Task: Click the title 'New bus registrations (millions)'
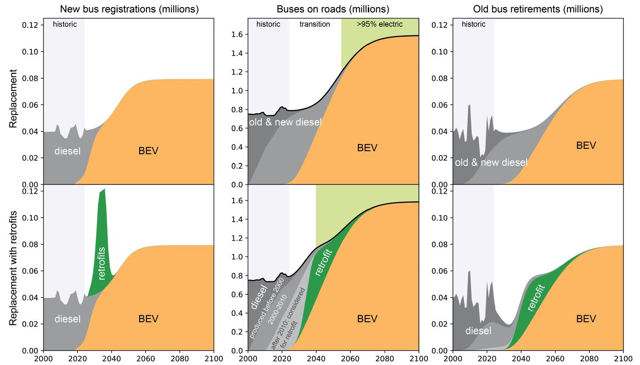pos(129,9)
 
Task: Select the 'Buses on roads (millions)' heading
pos(333,9)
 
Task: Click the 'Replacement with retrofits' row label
pos(14,268)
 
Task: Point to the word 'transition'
pos(315,24)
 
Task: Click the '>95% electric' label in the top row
pos(380,24)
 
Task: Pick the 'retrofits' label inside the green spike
pos(102,263)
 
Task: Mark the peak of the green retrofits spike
pos(104,189)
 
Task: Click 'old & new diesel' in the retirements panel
pos(491,162)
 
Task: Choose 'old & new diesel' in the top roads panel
pos(286,122)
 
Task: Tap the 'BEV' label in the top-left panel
pos(149,151)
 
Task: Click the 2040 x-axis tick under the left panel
pos(111,358)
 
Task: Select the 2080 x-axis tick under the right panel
pos(589,358)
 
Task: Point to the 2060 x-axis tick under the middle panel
pos(350,358)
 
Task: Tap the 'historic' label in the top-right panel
pos(474,24)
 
